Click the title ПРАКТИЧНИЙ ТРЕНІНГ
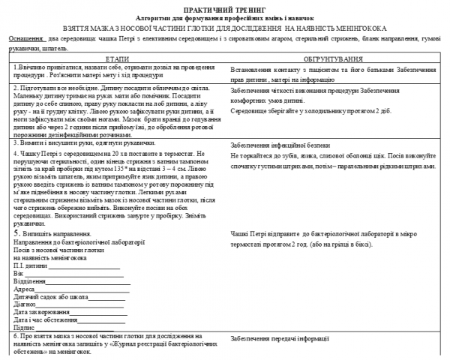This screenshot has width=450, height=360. click(x=225, y=6)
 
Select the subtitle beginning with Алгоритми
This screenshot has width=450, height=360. click(x=225, y=15)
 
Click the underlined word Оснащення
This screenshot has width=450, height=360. click(x=25, y=37)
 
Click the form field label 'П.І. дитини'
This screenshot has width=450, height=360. click(x=30, y=266)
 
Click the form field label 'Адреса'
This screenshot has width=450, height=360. click(x=25, y=289)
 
